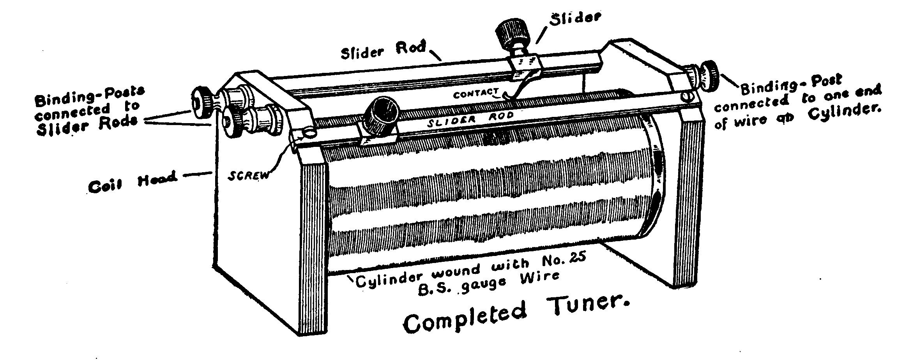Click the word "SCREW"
coord(248,175)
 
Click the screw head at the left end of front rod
coord(310,133)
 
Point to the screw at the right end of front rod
coord(688,96)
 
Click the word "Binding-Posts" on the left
coord(89,96)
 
